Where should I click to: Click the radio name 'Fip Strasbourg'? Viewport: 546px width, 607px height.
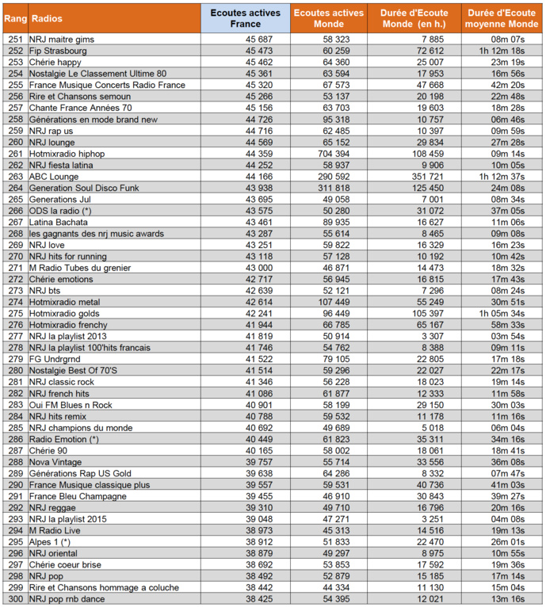[x=58, y=50]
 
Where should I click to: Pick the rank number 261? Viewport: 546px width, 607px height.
[x=14, y=153]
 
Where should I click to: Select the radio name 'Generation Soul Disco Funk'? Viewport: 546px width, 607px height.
[x=83, y=188]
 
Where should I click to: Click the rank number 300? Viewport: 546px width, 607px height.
[x=14, y=599]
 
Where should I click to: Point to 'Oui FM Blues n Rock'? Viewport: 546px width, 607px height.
[x=71, y=405]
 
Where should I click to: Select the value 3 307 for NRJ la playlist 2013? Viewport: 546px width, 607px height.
[x=433, y=337]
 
